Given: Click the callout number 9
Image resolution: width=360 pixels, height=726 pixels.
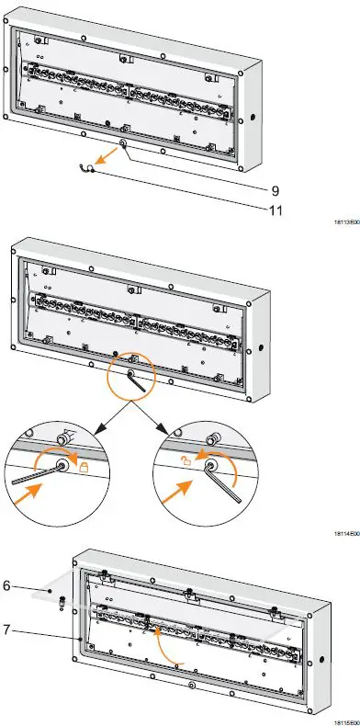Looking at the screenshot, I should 275,190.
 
